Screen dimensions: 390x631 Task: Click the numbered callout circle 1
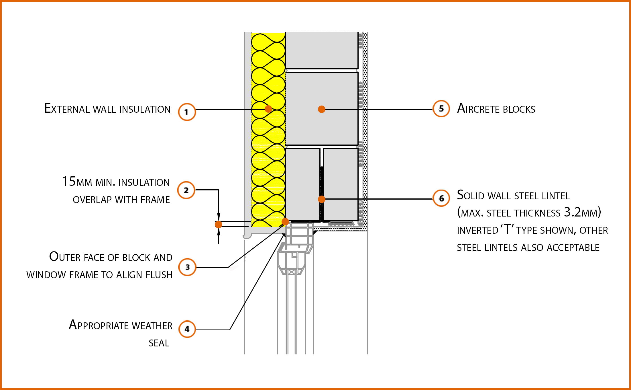[x=187, y=112]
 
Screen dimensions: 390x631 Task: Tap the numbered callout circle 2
[x=186, y=190]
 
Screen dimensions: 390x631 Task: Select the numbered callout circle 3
[x=187, y=267]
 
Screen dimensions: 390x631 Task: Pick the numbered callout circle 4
[x=187, y=329]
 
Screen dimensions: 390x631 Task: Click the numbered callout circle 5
[x=441, y=109]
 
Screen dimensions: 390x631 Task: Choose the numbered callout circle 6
[x=441, y=198]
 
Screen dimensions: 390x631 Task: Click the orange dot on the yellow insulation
[x=268, y=109]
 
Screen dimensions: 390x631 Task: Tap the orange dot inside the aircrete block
[x=322, y=109]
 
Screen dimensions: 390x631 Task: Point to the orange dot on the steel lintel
[x=322, y=199]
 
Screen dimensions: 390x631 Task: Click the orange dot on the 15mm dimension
[x=219, y=224]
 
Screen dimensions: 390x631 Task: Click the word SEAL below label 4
[x=159, y=343]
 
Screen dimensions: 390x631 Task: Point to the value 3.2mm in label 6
[x=581, y=212]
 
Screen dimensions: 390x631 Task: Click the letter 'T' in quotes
[x=507, y=229]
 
